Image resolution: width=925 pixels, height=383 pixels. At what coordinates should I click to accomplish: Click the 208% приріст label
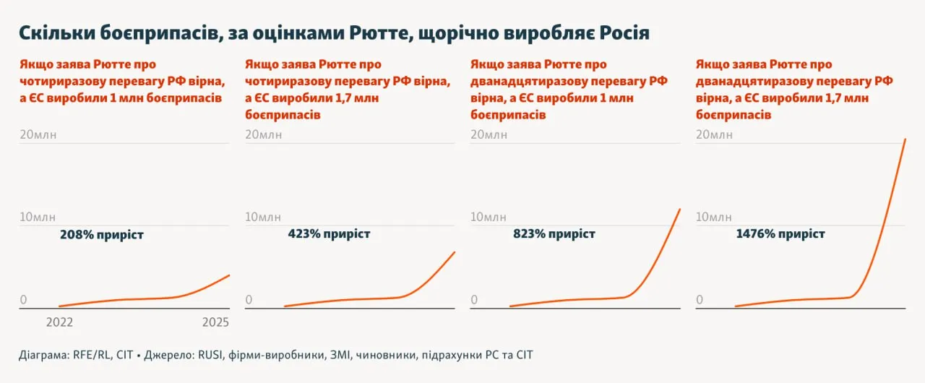point(102,235)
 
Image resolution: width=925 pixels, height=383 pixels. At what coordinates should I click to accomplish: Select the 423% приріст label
point(329,234)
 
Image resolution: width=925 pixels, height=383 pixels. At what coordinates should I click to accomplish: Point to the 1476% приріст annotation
point(780,234)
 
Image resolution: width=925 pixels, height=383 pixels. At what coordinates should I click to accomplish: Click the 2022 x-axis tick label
point(59,322)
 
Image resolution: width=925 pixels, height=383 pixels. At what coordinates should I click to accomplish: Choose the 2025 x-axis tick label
point(215,322)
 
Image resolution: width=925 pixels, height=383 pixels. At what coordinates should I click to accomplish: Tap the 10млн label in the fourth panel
point(714,217)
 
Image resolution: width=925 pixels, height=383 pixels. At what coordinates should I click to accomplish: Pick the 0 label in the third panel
point(474,299)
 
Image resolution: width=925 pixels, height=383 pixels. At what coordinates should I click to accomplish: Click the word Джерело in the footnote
point(170,356)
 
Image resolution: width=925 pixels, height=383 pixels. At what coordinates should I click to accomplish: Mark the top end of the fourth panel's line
point(905,139)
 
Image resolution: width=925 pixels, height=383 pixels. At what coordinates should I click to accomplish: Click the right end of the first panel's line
point(229,275)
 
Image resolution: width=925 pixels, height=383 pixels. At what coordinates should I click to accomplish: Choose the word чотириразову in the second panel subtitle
point(284,81)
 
